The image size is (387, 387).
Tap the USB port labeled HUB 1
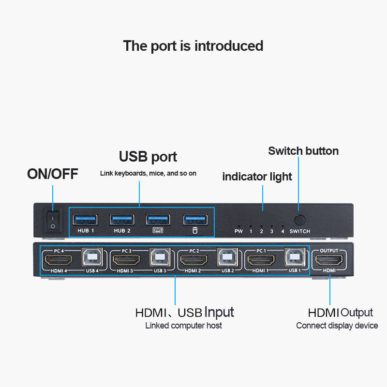tap(85, 220)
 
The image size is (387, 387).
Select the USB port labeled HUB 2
tap(122, 220)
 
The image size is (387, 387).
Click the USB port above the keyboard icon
tap(158, 220)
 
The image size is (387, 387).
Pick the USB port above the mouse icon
tap(195, 220)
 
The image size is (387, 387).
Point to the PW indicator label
tap(238, 231)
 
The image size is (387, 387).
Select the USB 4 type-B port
tap(92, 259)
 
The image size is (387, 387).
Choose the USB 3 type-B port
tap(160, 259)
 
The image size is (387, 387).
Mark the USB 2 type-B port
tap(227, 259)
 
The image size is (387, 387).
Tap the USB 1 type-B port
tap(295, 259)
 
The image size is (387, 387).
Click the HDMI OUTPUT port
tap(329, 260)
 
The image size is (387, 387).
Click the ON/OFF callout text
tap(52, 174)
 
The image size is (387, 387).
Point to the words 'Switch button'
tap(303, 151)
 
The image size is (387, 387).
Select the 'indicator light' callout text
tap(257, 177)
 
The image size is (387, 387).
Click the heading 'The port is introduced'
tap(193, 46)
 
